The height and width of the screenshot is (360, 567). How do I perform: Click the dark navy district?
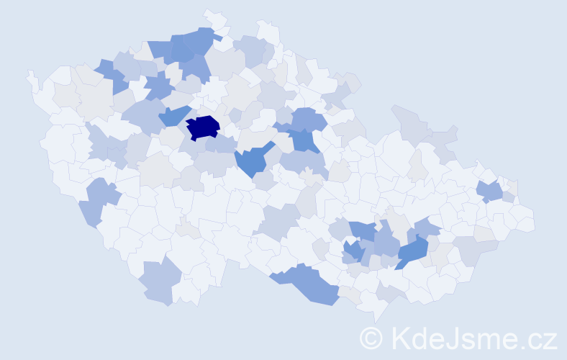point(202,127)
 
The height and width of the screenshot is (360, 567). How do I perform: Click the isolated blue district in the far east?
point(490,191)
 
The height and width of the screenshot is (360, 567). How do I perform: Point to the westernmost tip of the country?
point(29,72)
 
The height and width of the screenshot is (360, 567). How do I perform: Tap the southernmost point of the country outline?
point(377,321)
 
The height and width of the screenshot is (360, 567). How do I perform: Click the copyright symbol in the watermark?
point(371,338)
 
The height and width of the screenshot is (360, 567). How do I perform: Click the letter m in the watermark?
point(492,341)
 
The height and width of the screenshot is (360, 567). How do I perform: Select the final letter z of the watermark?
point(550,341)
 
